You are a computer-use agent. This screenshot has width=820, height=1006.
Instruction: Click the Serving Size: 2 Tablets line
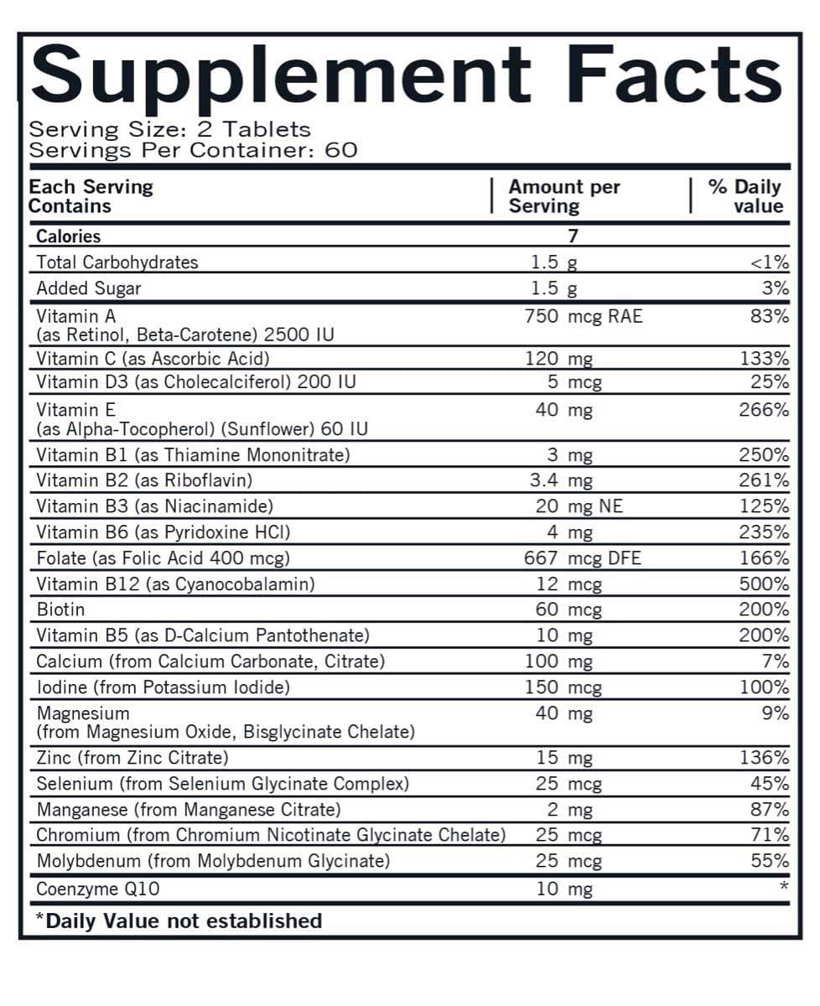169,130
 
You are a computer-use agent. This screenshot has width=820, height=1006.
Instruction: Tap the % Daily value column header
745,196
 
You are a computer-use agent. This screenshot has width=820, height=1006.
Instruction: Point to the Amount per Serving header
563,196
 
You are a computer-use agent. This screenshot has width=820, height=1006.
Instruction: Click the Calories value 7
573,236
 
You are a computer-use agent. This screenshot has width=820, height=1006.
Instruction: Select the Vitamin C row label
153,359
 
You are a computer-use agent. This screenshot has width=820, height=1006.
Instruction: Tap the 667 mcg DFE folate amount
581,558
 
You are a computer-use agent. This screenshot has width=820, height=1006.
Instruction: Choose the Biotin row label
60,609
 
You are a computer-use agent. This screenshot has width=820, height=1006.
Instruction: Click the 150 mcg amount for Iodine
563,687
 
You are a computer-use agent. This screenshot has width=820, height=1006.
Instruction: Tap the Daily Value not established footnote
179,920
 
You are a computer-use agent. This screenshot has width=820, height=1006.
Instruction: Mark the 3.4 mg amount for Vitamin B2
562,480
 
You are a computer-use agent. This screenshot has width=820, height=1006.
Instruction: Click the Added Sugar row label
89,288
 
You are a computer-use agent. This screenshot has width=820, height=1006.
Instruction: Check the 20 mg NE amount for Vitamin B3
579,506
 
